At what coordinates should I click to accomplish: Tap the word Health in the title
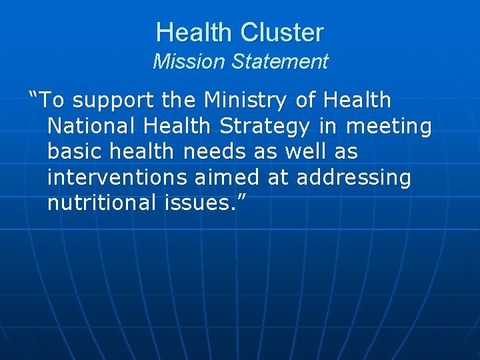click(195, 32)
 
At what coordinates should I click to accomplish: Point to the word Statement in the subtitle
click(280, 62)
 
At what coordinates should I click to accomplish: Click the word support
click(115, 101)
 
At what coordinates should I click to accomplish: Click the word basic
click(72, 151)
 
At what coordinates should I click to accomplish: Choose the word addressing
click(353, 177)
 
